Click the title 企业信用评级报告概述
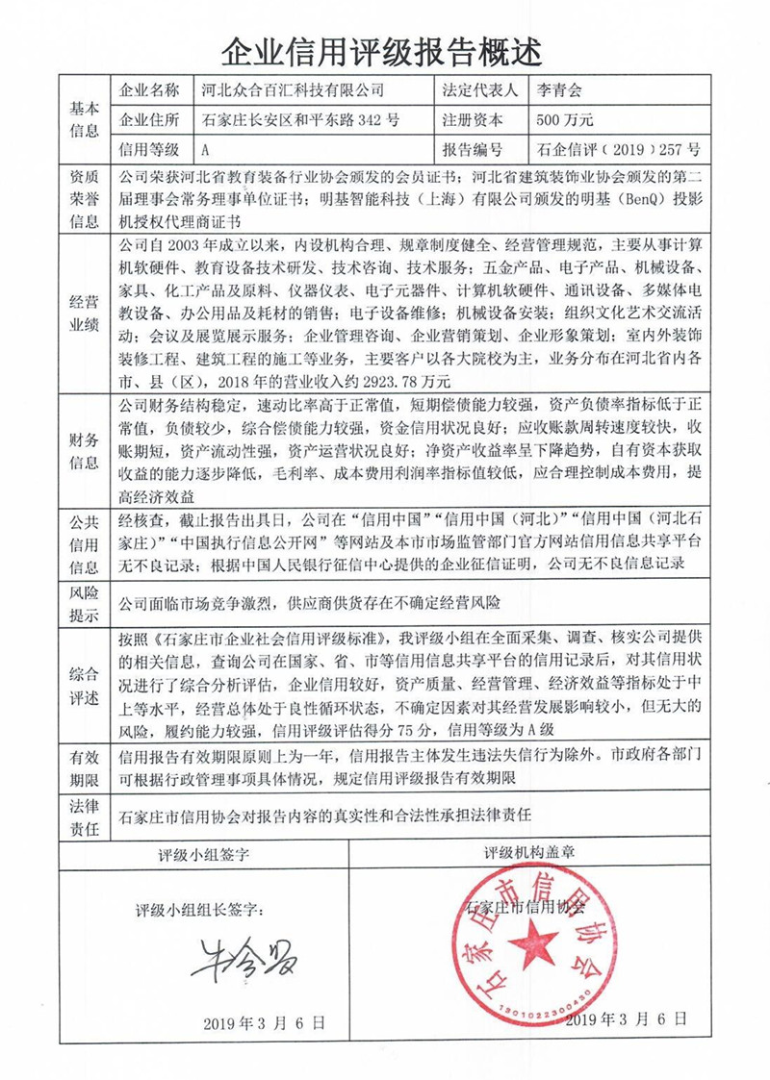tap(382, 47)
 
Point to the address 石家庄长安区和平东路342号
tap(301, 121)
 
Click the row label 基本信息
tap(84, 120)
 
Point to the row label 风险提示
tap(84, 603)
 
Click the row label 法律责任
tap(84, 815)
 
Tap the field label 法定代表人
tap(479, 91)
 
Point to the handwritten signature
tap(244, 959)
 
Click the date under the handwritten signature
tap(264, 1022)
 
